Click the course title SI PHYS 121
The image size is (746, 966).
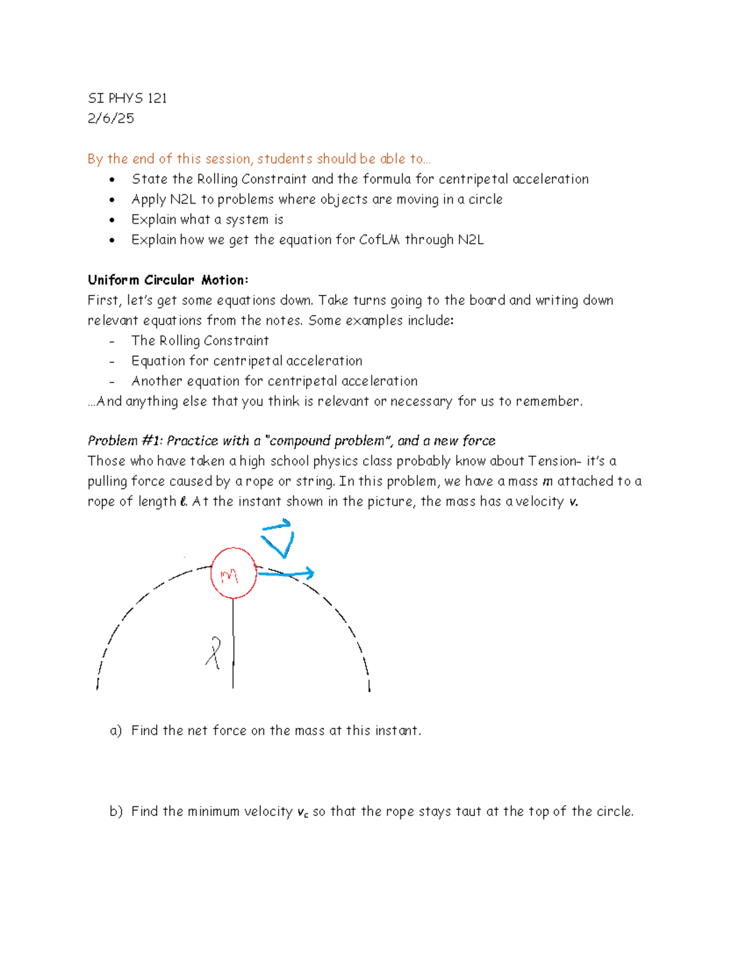tap(127, 98)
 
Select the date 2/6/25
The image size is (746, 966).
tap(111, 118)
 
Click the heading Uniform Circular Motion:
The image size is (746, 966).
tap(168, 280)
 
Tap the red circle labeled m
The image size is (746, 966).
tap(233, 574)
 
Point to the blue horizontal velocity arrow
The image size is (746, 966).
tap(286, 574)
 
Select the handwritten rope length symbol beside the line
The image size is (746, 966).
tap(214, 653)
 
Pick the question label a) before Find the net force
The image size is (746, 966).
tap(116, 730)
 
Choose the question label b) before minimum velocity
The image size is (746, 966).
tap(116, 811)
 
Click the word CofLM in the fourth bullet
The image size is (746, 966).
tap(379, 239)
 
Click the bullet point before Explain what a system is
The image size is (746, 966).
tap(112, 220)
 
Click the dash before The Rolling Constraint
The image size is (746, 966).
tap(112, 341)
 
